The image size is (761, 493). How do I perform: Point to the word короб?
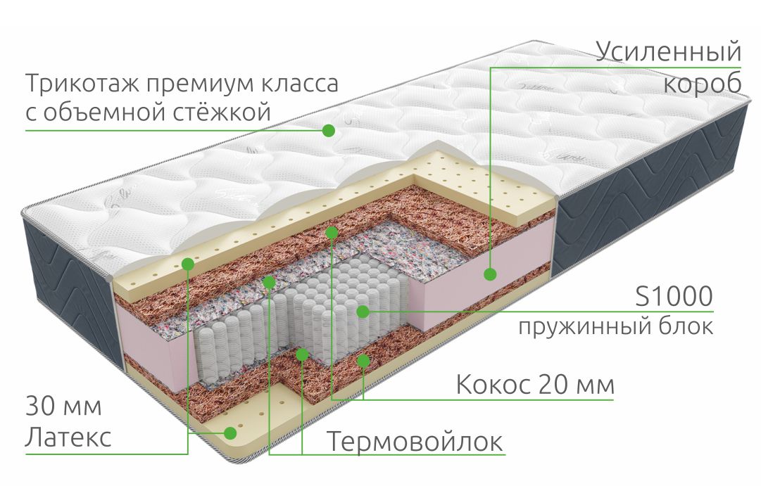tap(703, 84)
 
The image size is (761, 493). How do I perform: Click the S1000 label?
tap(674, 295)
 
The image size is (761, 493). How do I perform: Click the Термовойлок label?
tap(415, 441)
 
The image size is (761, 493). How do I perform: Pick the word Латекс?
tap(68, 437)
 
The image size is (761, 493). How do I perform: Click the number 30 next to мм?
tap(40, 406)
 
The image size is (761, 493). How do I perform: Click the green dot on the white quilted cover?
tap(329, 130)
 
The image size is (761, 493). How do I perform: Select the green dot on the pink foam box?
tap(490, 274)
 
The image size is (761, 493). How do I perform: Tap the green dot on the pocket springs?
tap(363, 312)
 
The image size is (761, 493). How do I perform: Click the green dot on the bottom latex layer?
tap(230, 433)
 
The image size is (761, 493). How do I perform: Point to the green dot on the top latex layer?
tap(188, 264)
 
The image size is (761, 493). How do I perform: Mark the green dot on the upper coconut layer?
tap(332, 233)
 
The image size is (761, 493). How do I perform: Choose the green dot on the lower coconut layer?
tap(363, 360)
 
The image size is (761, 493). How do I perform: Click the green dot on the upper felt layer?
tap(269, 281)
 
